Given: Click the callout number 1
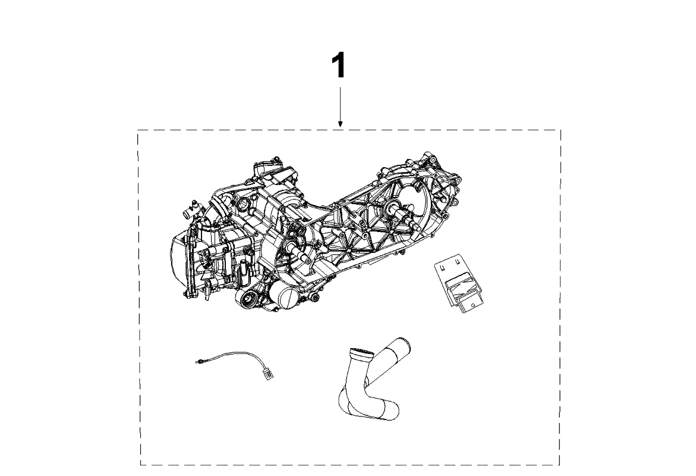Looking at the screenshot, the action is pyautogui.click(x=338, y=65).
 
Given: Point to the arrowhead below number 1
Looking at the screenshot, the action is pyautogui.click(x=339, y=124).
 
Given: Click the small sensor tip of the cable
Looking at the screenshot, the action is pyautogui.click(x=199, y=360).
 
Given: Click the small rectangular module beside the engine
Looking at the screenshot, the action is pyautogui.click(x=461, y=283).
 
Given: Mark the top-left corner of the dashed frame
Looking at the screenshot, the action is pyautogui.click(x=138, y=130).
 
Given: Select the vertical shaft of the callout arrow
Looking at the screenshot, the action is pyautogui.click(x=339, y=104).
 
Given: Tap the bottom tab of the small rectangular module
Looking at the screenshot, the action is pyautogui.click(x=470, y=305).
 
